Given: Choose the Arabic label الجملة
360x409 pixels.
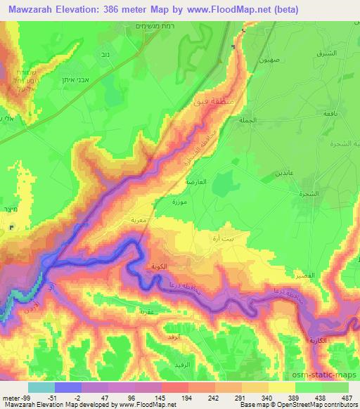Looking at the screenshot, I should point(263,120).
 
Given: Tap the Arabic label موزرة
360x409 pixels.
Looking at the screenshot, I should point(180,202).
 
